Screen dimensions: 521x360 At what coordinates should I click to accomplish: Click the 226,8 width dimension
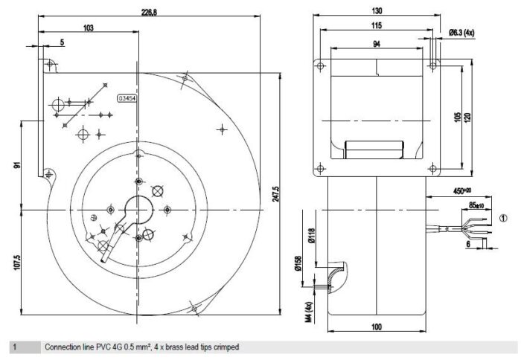point(149,13)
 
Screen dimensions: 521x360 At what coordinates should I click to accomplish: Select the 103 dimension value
point(89,28)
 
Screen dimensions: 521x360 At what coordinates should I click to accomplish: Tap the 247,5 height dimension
point(276,194)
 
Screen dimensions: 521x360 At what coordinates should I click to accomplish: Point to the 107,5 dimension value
point(17,263)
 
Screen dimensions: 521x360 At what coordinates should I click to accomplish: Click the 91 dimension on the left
point(17,164)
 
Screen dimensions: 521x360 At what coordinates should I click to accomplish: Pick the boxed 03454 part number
point(127,98)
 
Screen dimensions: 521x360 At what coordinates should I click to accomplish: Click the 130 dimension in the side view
point(377,11)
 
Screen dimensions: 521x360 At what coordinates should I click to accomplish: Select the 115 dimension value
point(377,25)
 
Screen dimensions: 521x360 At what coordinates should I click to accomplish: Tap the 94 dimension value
point(377,44)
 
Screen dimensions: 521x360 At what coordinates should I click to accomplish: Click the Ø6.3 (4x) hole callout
point(461,33)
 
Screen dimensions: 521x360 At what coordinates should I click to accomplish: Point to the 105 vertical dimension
point(458,117)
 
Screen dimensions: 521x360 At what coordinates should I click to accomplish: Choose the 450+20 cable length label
point(462,190)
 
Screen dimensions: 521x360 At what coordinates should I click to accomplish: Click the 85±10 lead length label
point(476,205)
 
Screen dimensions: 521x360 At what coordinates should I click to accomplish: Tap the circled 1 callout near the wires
point(504,218)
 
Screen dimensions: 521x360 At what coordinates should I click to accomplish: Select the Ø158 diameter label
point(298,263)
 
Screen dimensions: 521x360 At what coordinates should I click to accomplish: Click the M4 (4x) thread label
point(309,312)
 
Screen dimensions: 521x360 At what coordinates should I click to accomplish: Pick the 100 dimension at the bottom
point(377,327)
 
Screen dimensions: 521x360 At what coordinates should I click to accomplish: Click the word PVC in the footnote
point(103,347)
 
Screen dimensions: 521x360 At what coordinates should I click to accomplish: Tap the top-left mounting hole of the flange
point(320,65)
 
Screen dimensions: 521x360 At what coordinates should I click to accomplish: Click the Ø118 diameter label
point(311,236)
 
